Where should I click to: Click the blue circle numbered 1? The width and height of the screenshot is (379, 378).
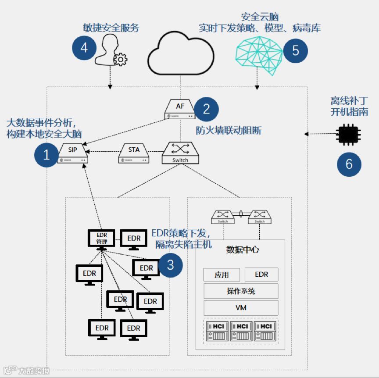pyautogui.click(x=47, y=154)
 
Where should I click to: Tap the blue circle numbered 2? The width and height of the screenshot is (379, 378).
pyautogui.click(x=206, y=109)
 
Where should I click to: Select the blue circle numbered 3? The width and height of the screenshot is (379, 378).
pyautogui.click(x=171, y=265)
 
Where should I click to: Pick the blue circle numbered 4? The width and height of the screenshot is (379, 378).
pyautogui.click(x=84, y=47)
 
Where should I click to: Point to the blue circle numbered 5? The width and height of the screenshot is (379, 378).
pyautogui.click(x=296, y=50)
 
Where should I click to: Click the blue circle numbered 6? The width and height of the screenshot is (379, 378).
pyautogui.click(x=349, y=164)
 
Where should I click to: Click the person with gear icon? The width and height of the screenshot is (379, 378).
pyautogui.click(x=110, y=51)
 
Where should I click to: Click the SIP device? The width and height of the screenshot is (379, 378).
pyautogui.click(x=73, y=153)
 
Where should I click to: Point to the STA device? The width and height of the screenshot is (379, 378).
pyautogui.click(x=134, y=154)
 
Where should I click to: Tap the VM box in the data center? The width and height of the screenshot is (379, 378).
pyautogui.click(x=241, y=308)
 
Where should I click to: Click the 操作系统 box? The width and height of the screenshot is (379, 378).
pyautogui.click(x=241, y=291)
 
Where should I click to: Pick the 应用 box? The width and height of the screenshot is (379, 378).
pyautogui.click(x=222, y=275)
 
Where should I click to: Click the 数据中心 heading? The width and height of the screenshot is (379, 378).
pyautogui.click(x=243, y=250)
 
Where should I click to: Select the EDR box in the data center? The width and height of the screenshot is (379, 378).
pyautogui.click(x=261, y=275)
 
